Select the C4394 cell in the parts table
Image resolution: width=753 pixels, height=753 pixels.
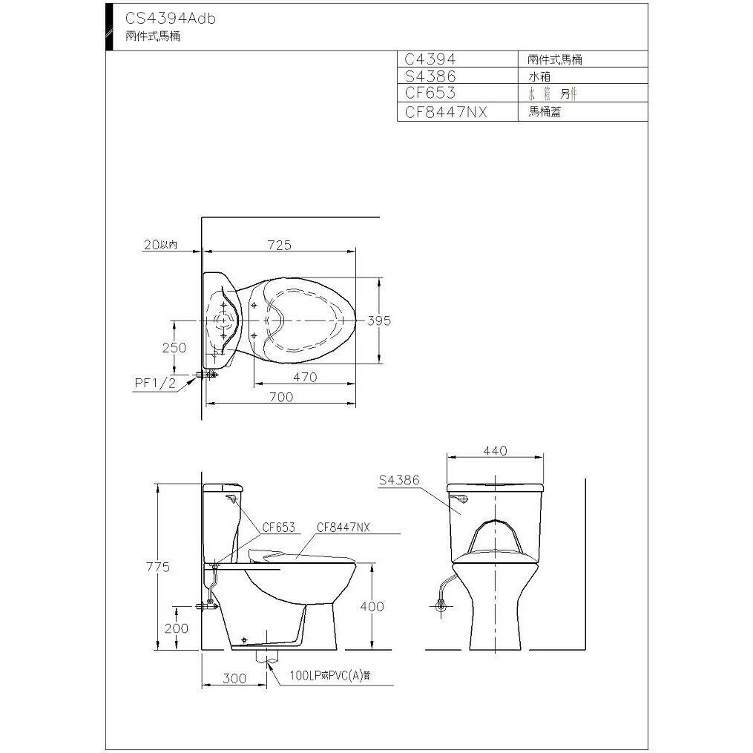click(430, 59)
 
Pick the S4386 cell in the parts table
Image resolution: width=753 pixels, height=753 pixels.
click(430, 76)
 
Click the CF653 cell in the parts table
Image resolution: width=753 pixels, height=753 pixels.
click(430, 94)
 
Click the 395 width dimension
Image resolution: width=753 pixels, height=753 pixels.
click(378, 320)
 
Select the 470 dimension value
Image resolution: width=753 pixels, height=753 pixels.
click(304, 377)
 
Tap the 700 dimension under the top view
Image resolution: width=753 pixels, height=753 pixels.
click(281, 397)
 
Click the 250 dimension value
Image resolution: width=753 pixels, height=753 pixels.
click(175, 347)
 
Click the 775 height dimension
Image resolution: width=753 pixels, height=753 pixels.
click(157, 568)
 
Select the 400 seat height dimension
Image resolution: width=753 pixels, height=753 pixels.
click(372, 606)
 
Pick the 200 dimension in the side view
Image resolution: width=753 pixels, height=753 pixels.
click(177, 628)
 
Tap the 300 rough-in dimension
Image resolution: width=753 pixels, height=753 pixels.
click(234, 678)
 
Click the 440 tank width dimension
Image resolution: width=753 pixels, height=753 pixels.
click(494, 451)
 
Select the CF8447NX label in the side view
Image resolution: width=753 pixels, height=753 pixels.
click(343, 527)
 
